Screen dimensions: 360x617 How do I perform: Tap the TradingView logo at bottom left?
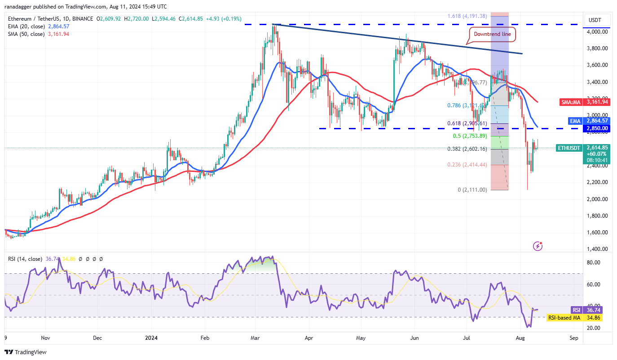point(26,352)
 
